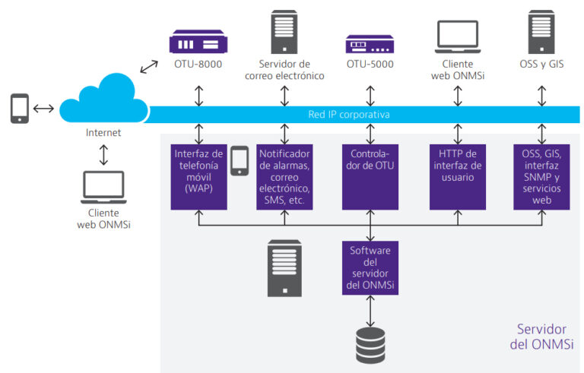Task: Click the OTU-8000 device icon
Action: click(198, 41)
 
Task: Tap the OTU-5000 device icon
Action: click(370, 44)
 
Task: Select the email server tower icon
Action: click(284, 32)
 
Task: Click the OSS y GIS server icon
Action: click(541, 32)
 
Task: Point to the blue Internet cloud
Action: click(104, 99)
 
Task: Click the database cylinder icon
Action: click(370, 345)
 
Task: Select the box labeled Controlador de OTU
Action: click(370, 177)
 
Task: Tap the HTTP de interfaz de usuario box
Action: click(458, 177)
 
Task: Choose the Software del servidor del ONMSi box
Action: click(370, 268)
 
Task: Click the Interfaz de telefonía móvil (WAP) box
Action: click(199, 177)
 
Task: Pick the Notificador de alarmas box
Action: click(284, 177)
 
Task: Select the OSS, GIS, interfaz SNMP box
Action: click(541, 177)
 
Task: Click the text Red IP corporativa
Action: click(349, 114)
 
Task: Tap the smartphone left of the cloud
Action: click(19, 109)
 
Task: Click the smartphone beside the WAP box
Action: click(240, 161)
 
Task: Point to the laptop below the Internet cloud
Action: click(103, 187)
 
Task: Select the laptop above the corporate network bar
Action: click(458, 37)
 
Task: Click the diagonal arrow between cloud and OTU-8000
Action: click(149, 67)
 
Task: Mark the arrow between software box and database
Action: click(370, 311)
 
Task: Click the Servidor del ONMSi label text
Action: click(541, 337)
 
